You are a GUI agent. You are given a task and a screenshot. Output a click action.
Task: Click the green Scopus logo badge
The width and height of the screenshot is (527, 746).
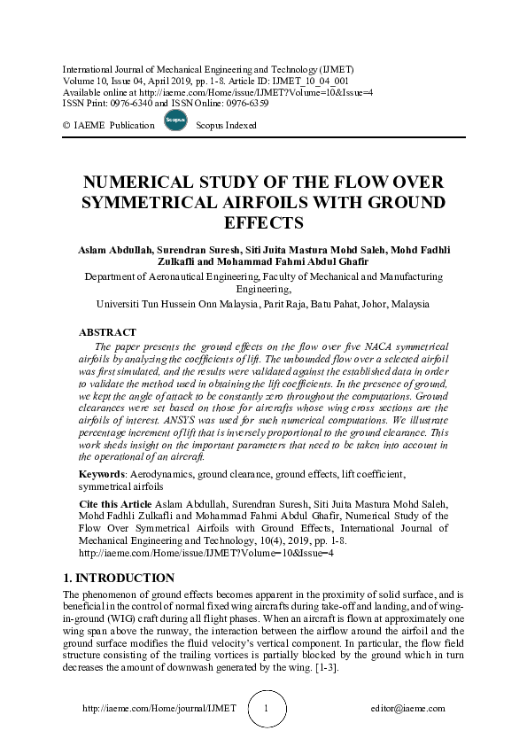click(175, 121)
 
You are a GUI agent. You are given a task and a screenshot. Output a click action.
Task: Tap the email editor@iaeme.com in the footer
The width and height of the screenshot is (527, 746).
click(408, 709)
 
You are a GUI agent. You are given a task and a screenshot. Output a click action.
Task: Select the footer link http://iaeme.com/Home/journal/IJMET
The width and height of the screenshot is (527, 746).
click(159, 709)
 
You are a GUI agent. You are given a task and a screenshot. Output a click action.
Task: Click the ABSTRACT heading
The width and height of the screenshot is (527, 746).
click(108, 332)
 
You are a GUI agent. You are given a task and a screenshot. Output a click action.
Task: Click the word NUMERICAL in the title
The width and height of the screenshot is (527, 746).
click(142, 183)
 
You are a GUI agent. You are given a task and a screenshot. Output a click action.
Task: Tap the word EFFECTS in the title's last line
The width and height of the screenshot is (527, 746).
click(263, 222)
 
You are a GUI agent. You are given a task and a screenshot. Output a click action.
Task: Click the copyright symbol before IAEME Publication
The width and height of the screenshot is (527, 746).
click(66, 126)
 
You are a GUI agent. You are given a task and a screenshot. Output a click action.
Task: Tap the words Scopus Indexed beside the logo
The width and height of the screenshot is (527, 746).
click(226, 126)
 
